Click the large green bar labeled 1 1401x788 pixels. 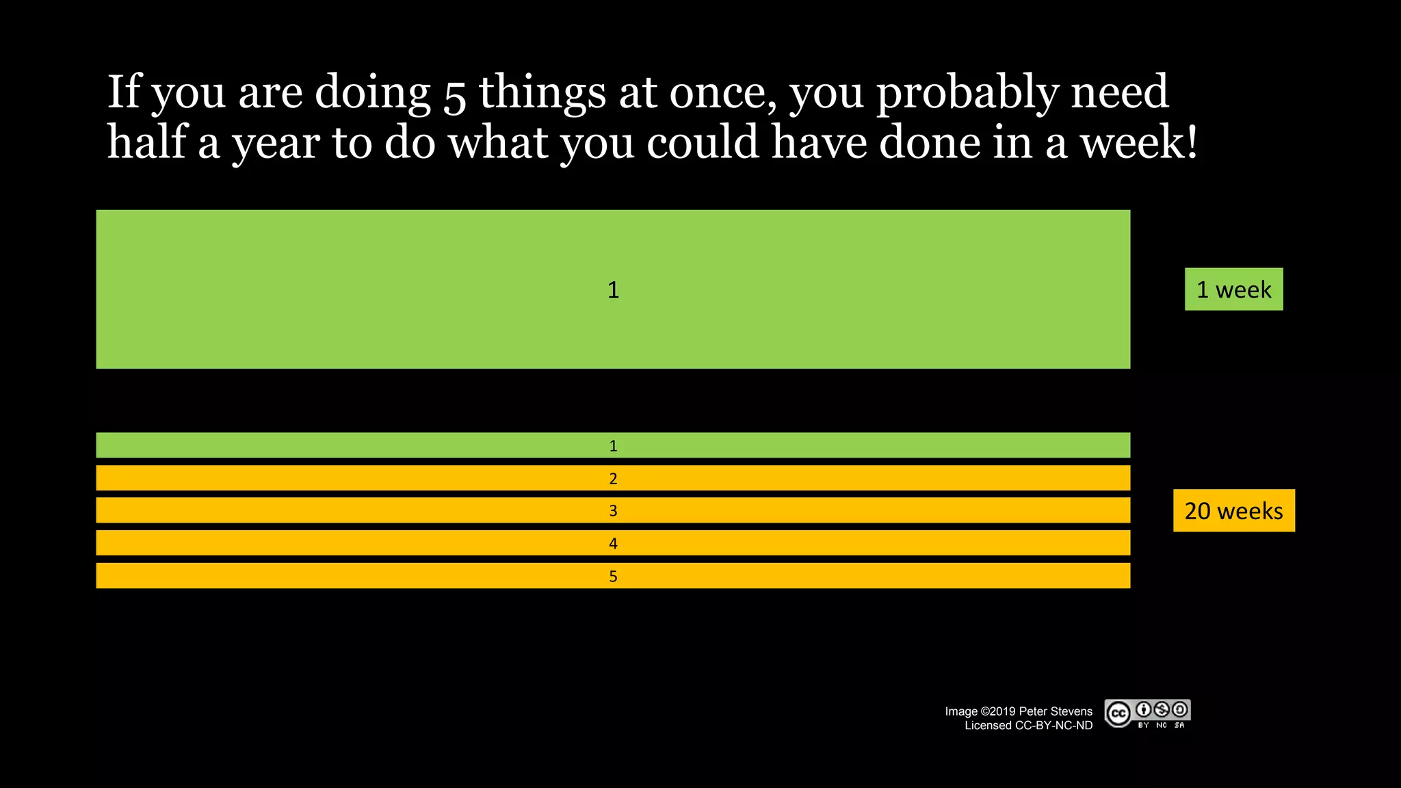613,289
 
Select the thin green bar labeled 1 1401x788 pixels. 613,445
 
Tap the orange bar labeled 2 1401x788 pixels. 613,478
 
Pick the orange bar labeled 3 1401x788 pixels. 613,510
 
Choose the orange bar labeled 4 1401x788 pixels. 613,543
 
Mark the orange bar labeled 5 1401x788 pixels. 613,576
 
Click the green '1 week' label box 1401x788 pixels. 1233,289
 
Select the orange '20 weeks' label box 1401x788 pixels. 1233,510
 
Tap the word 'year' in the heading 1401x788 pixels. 275,144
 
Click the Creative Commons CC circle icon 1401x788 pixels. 1118,714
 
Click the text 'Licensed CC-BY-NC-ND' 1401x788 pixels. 1028,726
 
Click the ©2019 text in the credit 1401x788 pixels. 998,711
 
